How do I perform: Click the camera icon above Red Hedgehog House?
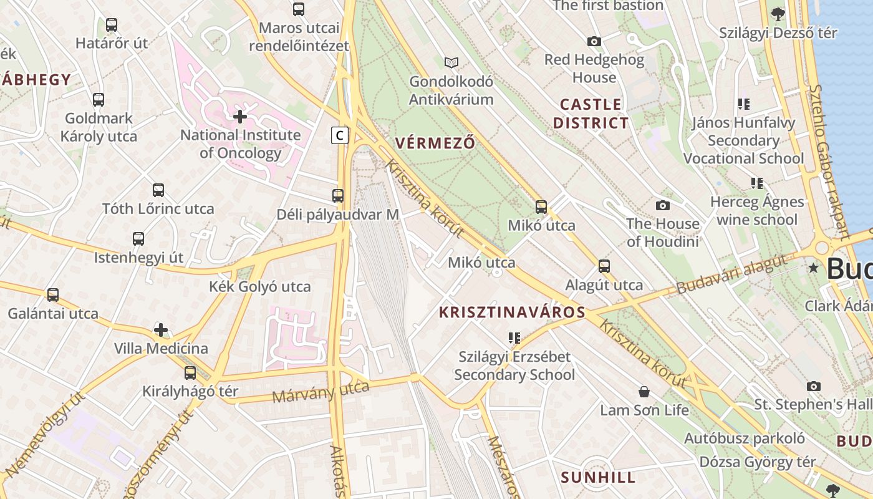tap(594, 41)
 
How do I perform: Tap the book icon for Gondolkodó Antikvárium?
tap(451, 62)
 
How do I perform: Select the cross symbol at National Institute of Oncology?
tap(240, 116)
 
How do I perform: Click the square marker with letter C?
tap(339, 135)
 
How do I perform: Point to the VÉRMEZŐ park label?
tap(435, 143)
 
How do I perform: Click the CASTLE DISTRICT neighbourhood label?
tap(591, 114)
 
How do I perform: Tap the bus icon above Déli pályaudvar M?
tap(338, 195)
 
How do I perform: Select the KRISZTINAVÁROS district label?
tap(512, 312)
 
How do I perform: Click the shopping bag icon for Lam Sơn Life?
tap(644, 392)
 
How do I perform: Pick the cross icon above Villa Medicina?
tap(161, 329)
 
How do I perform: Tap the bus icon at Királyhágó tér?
tap(190, 373)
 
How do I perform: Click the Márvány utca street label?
tap(321, 392)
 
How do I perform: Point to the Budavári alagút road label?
tap(731, 275)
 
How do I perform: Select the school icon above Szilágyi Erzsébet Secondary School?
tap(514, 338)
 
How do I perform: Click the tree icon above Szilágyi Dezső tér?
tap(778, 14)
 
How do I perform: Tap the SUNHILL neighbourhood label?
tap(598, 478)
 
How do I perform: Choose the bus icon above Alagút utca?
tap(604, 266)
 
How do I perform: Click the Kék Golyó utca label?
tap(260, 287)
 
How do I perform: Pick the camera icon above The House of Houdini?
tap(663, 205)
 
